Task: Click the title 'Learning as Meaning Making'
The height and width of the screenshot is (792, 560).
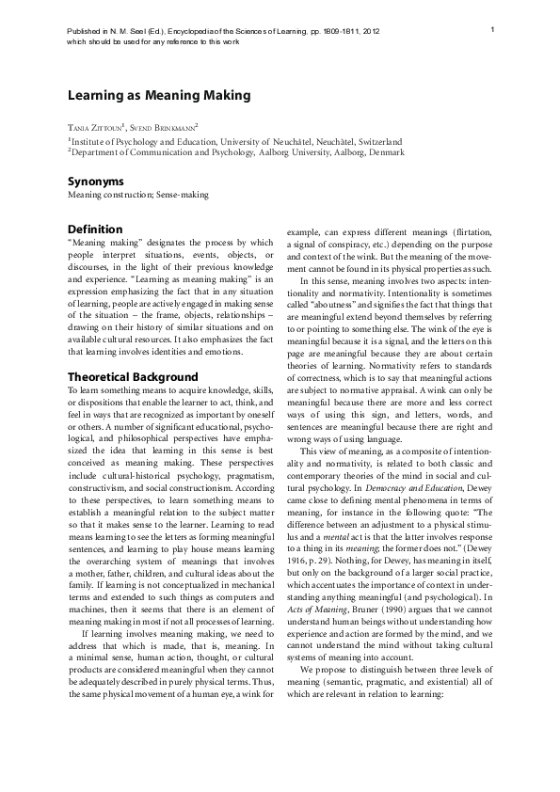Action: pos(158,96)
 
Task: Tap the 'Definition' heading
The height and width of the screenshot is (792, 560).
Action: pos(96,230)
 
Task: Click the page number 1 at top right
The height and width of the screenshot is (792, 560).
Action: pos(493,31)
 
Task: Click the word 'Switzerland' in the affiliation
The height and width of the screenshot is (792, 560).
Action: pos(377,140)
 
